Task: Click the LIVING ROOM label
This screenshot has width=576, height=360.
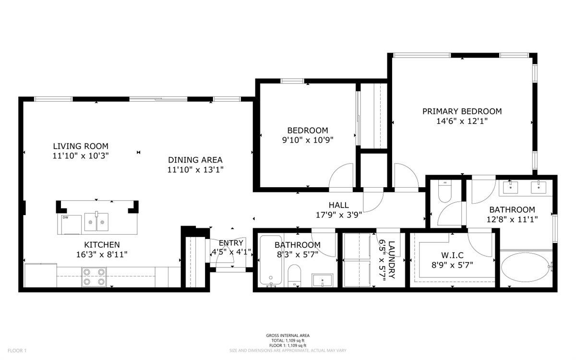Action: coord(81,146)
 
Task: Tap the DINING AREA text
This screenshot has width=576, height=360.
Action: coord(195,160)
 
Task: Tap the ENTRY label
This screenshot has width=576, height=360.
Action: coord(231,243)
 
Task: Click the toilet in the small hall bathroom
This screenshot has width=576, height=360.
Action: coord(294,276)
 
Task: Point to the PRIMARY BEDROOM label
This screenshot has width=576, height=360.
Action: coord(462,111)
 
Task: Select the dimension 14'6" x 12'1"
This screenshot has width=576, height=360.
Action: coord(462,121)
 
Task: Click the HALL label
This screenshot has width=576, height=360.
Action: coord(338,205)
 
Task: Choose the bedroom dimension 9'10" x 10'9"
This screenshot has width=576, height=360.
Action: coord(307,140)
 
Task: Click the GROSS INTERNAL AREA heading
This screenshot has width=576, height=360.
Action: coord(288,336)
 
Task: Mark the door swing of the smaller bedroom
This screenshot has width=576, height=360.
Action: coord(342,176)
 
